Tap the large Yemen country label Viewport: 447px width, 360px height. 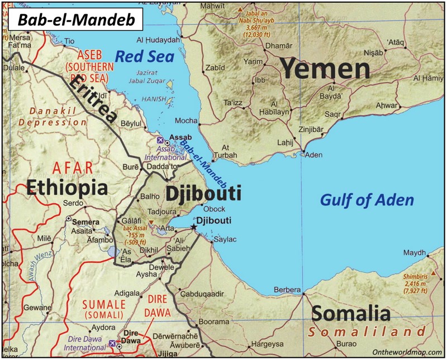coord(325,69)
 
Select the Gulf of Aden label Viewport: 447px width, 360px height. coord(367,200)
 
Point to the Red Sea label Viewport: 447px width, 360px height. coord(144,56)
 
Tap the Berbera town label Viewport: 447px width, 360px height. coord(287,290)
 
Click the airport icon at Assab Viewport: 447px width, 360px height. coord(161,138)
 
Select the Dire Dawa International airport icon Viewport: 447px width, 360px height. coord(112,343)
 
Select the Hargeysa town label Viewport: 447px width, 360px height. coord(266,344)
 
